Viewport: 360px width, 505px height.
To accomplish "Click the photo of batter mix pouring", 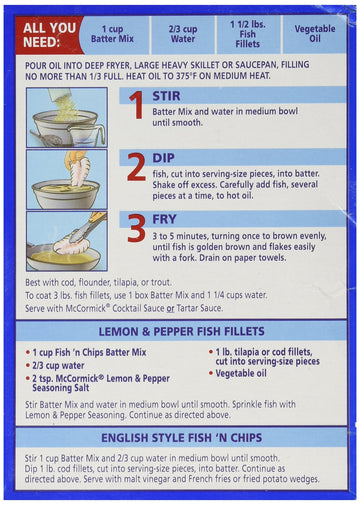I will point(66,116).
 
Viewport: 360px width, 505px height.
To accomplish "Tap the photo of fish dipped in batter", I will point(66,179).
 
